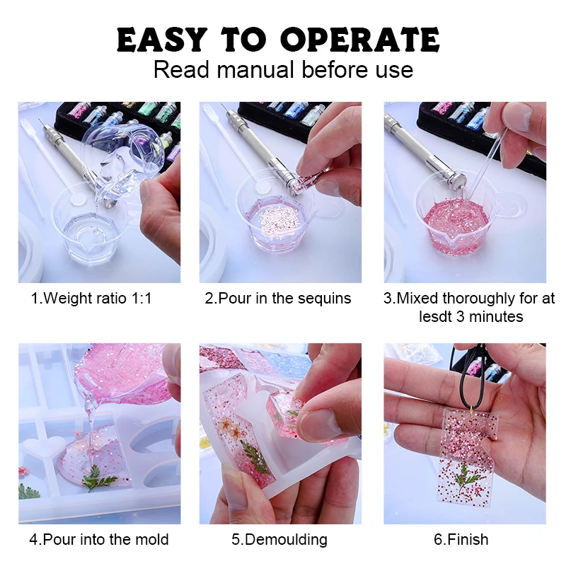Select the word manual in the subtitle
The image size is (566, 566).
[x=255, y=70]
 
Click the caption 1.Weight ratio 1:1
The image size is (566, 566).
[x=91, y=299]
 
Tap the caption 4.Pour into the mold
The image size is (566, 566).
[x=99, y=540]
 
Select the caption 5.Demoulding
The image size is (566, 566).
[x=279, y=540]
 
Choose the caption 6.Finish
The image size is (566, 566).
[x=461, y=540]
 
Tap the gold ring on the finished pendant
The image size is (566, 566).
[x=468, y=408]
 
